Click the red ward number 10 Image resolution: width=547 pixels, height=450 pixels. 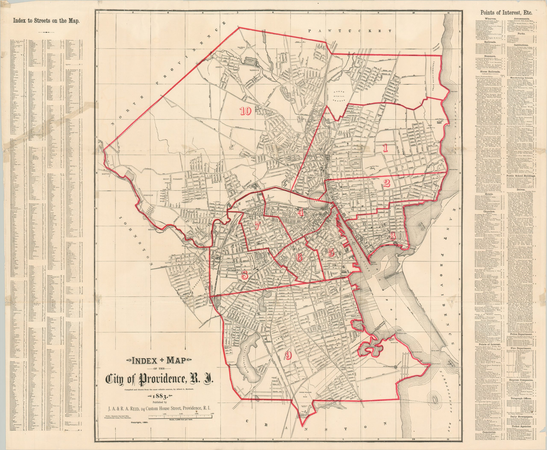[x=246, y=111]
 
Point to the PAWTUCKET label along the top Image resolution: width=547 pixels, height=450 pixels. [x=350, y=31]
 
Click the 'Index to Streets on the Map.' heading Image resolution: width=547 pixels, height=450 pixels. [x=46, y=20]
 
